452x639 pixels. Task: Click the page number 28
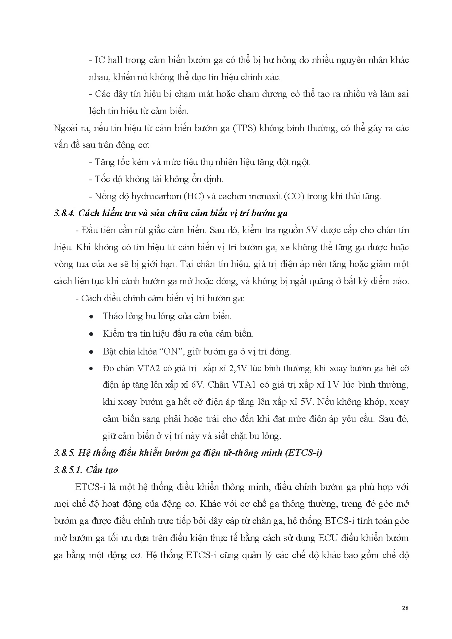[405, 608]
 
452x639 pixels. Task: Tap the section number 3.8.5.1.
[68, 470]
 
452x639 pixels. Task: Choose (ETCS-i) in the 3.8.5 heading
[303, 453]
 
